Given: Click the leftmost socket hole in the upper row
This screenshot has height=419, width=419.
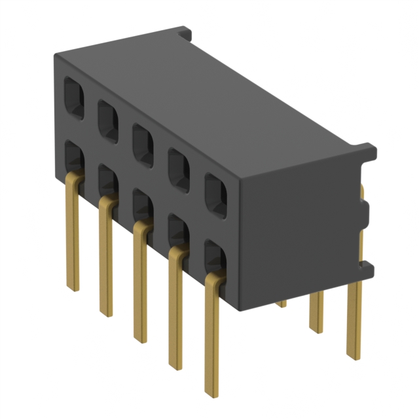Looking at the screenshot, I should tap(73, 97).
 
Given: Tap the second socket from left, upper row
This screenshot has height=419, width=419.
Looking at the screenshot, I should tap(108, 120).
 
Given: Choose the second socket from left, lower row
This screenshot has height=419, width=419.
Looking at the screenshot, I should tap(107, 180).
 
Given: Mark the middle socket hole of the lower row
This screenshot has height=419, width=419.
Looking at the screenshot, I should tap(142, 205).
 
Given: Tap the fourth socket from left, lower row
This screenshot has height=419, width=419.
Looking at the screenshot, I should tap(178, 230).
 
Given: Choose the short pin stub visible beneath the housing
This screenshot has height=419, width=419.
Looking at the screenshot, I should tap(281, 303).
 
